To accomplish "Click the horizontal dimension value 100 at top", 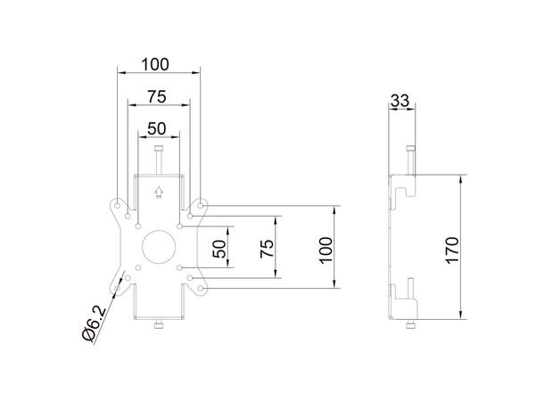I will coord(157,65).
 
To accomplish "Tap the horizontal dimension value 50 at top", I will coord(157,127).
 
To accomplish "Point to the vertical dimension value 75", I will coord(266,249).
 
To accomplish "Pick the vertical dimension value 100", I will coord(326,249).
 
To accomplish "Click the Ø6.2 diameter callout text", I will coord(92,323).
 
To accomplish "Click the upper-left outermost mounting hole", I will coord(117,205).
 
